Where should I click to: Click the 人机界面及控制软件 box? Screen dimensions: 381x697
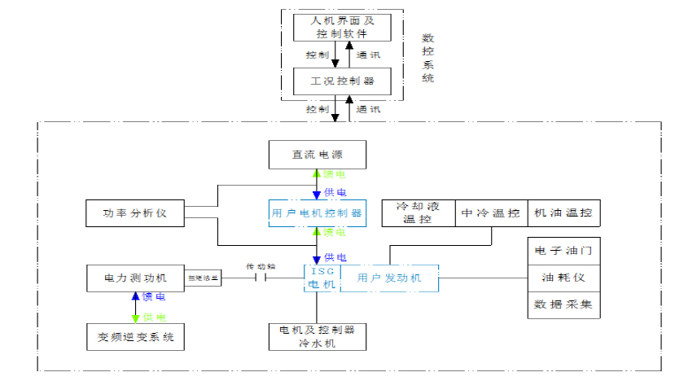(342, 27)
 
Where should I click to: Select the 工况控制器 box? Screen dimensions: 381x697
(342, 81)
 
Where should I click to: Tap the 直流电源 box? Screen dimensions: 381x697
(317, 154)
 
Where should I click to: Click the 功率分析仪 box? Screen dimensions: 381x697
(134, 213)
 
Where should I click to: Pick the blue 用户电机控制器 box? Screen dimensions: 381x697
(317, 213)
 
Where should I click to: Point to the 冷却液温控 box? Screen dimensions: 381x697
(418, 213)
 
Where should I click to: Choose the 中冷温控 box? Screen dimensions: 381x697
(490, 213)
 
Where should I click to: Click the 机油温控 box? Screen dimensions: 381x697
(564, 213)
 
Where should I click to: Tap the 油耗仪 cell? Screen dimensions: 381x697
(564, 278)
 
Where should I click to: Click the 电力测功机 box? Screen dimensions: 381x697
(136, 278)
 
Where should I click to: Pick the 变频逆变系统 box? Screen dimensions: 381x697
(136, 335)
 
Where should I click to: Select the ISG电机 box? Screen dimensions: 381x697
(318, 278)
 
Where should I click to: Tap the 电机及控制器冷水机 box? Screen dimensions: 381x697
(317, 336)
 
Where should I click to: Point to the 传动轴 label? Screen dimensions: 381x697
(261, 266)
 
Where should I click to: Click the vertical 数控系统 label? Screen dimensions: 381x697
(428, 58)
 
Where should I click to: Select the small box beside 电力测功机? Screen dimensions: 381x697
(204, 278)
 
